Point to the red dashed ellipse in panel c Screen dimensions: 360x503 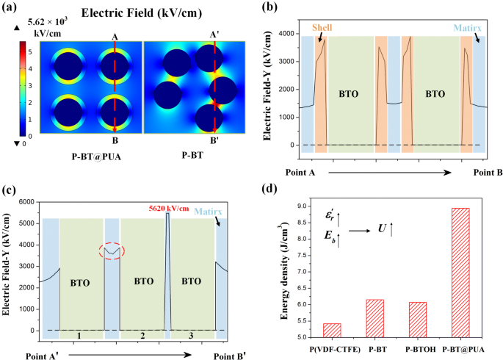tap(113, 251)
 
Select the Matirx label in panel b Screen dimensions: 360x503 tap(468, 27)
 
